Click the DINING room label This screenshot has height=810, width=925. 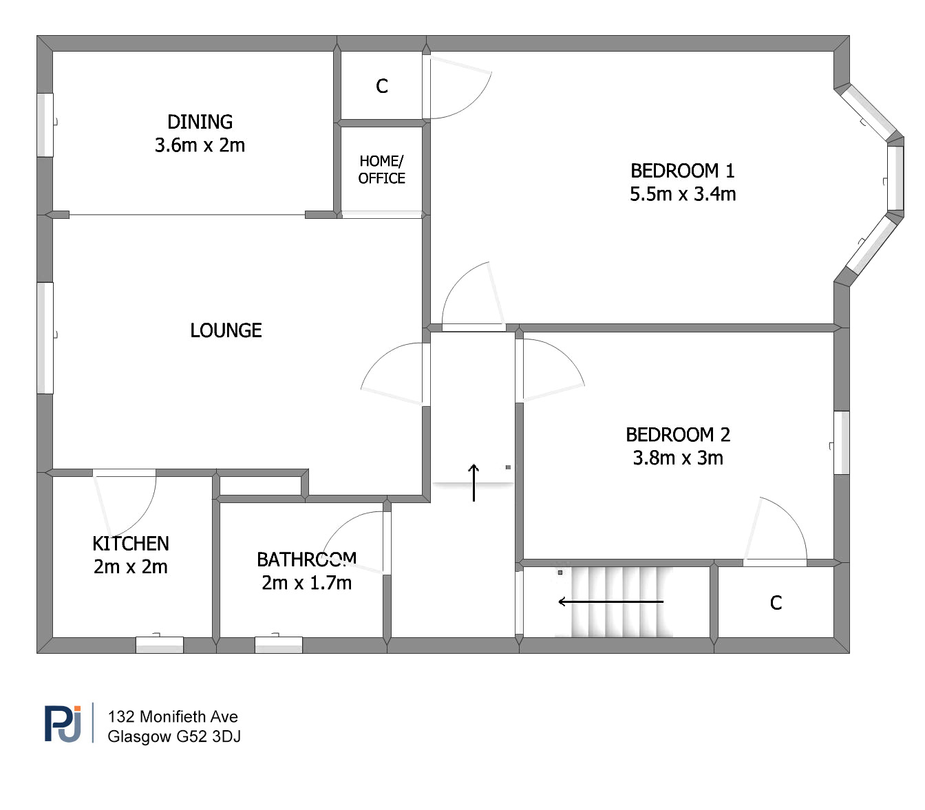(x=200, y=122)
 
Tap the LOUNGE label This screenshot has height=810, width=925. (x=226, y=330)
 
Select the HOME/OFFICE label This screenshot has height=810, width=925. (x=381, y=169)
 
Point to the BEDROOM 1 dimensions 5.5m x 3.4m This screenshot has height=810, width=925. (x=683, y=194)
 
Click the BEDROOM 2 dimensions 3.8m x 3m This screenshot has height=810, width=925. (x=678, y=458)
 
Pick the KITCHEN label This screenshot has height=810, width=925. (x=131, y=544)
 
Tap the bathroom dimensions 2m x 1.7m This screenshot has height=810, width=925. (x=306, y=583)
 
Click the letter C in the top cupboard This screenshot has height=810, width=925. (x=382, y=86)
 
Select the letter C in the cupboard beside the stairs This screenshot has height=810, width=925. (x=776, y=603)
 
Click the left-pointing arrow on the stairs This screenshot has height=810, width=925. (x=610, y=601)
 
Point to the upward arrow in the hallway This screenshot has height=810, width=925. (x=474, y=482)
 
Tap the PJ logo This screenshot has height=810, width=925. (x=63, y=723)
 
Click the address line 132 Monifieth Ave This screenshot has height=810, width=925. (x=173, y=716)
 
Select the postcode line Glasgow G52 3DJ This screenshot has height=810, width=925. (x=174, y=736)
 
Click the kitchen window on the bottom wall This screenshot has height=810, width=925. (x=160, y=645)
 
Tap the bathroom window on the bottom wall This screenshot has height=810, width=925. (x=279, y=645)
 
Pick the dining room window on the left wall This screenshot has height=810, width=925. (x=45, y=125)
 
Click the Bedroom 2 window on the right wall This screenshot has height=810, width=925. (x=841, y=443)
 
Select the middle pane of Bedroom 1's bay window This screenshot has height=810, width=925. (x=895, y=178)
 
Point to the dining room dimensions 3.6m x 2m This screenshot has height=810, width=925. (x=200, y=145)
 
